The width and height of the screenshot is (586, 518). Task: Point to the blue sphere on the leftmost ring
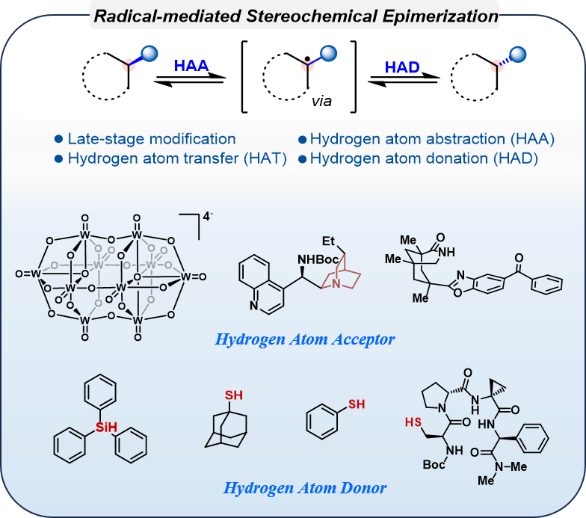pyautogui.click(x=151, y=52)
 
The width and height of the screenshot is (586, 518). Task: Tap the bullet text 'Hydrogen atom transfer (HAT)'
pyautogui.click(x=177, y=158)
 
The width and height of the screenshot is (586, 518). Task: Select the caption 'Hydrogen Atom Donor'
pyautogui.click(x=306, y=489)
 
